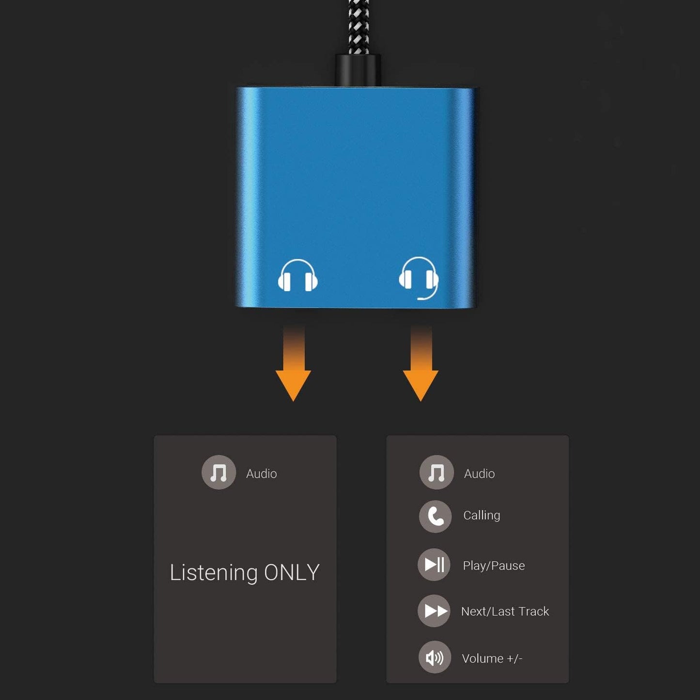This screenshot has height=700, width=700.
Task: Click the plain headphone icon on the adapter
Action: tap(297, 276)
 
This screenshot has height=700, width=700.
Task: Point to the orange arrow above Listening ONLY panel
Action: tap(294, 368)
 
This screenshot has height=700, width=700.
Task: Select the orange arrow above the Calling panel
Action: tap(420, 368)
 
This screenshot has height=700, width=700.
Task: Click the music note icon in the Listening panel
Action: tap(218, 472)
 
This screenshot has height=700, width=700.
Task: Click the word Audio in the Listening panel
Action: tap(262, 474)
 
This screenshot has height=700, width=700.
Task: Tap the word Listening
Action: tap(214, 573)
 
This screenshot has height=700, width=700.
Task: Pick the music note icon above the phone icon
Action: tap(436, 472)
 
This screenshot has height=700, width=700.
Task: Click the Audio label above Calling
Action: tap(480, 474)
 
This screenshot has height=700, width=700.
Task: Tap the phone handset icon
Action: tap(436, 516)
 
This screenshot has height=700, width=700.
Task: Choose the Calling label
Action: tap(482, 515)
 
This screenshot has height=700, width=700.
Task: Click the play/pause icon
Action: tap(435, 564)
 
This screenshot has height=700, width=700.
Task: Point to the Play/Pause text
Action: tap(494, 566)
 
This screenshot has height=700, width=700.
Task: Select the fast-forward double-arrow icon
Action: tap(435, 611)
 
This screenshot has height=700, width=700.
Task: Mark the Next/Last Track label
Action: tap(505, 611)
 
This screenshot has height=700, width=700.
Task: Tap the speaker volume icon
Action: tap(435, 657)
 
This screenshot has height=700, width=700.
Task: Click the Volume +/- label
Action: tap(492, 658)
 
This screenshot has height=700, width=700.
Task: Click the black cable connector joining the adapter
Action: tap(358, 71)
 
